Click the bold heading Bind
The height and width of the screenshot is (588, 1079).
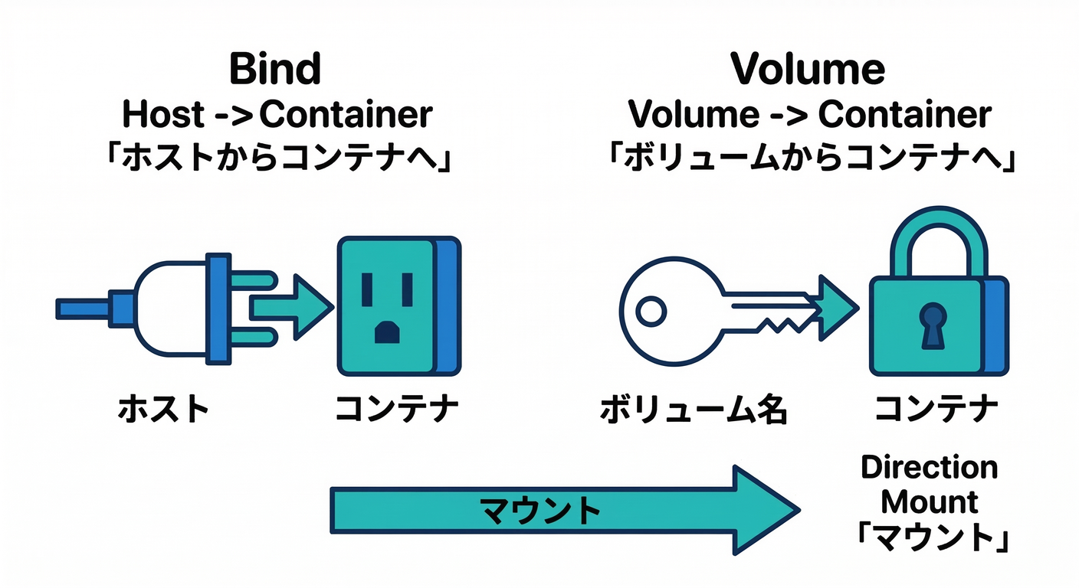tap(274, 70)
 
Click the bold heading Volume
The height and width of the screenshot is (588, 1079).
tap(808, 70)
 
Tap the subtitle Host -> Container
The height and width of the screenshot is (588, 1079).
tap(277, 115)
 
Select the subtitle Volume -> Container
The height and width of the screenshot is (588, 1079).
tap(809, 115)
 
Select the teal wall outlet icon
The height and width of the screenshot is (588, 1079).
tap(387, 307)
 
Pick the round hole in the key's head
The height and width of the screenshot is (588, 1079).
tap(651, 311)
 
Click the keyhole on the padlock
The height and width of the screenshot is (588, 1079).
tap(933, 322)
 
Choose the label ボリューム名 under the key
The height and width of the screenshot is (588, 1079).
tap(694, 410)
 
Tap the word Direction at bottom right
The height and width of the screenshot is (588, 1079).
tap(929, 467)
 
